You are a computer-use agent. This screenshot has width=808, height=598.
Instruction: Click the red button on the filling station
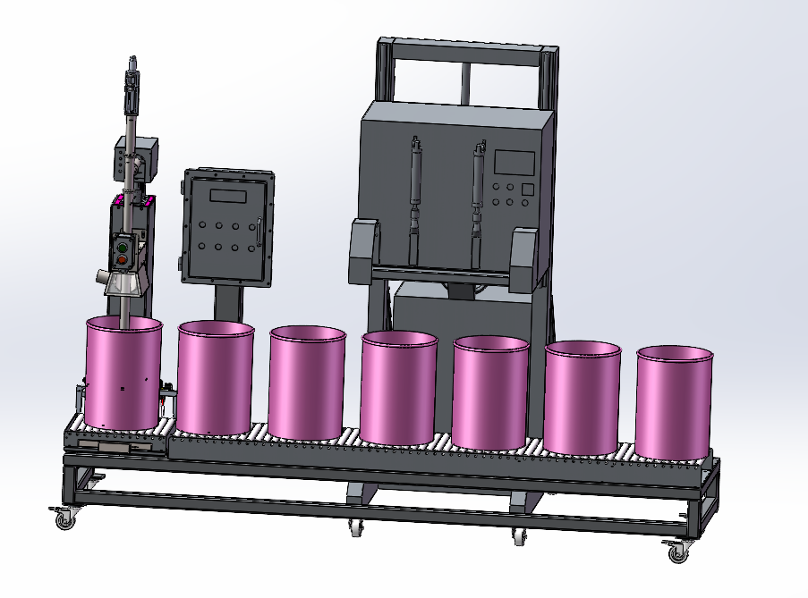[x=123, y=259]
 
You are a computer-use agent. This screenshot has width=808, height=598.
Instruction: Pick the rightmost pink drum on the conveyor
[x=676, y=402]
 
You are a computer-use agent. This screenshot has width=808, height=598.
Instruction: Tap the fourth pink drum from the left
[x=399, y=386]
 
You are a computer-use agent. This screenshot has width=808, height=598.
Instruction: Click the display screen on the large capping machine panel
[x=515, y=163]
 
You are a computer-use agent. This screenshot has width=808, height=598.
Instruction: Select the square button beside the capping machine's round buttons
[x=527, y=189]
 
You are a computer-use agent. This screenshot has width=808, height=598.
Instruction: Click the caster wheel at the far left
[x=62, y=517]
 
